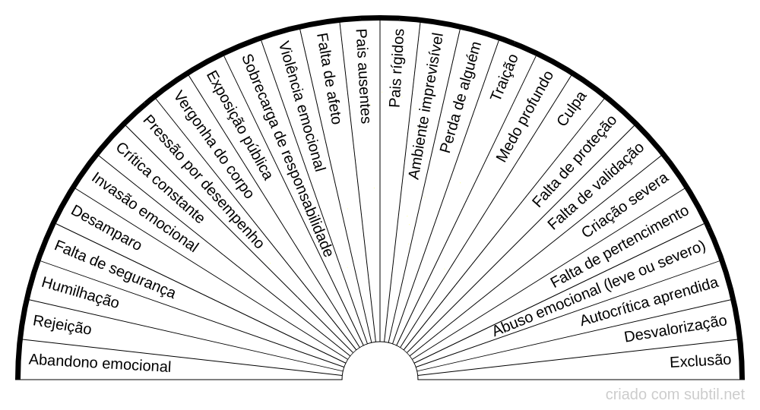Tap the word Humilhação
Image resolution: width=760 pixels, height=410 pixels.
click(80, 292)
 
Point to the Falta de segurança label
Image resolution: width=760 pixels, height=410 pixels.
click(115, 268)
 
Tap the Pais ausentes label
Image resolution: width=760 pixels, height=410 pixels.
click(363, 76)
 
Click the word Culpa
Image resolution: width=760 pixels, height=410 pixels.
click(572, 109)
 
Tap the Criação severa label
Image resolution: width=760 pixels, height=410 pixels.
click(625, 205)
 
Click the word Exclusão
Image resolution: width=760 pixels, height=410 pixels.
click(700, 361)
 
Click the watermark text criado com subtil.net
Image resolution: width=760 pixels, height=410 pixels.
click(675, 394)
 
